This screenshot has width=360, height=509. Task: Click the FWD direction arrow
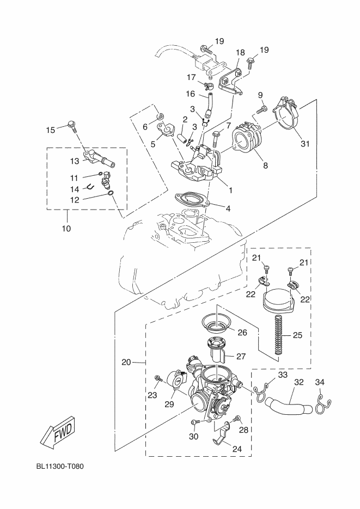point(59,431)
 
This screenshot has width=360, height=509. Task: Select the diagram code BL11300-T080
point(60,467)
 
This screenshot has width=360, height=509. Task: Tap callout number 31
point(305,143)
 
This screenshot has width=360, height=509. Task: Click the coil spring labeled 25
point(278,335)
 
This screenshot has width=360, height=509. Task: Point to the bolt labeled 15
point(73,126)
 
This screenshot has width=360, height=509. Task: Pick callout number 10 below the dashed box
point(66,229)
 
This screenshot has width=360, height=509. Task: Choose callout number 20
point(126,362)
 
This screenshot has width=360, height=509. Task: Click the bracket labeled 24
point(222,434)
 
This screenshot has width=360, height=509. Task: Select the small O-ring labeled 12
point(111,194)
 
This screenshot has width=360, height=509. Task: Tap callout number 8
point(266,165)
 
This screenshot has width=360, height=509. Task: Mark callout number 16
point(190,94)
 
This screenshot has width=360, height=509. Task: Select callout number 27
point(241,357)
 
